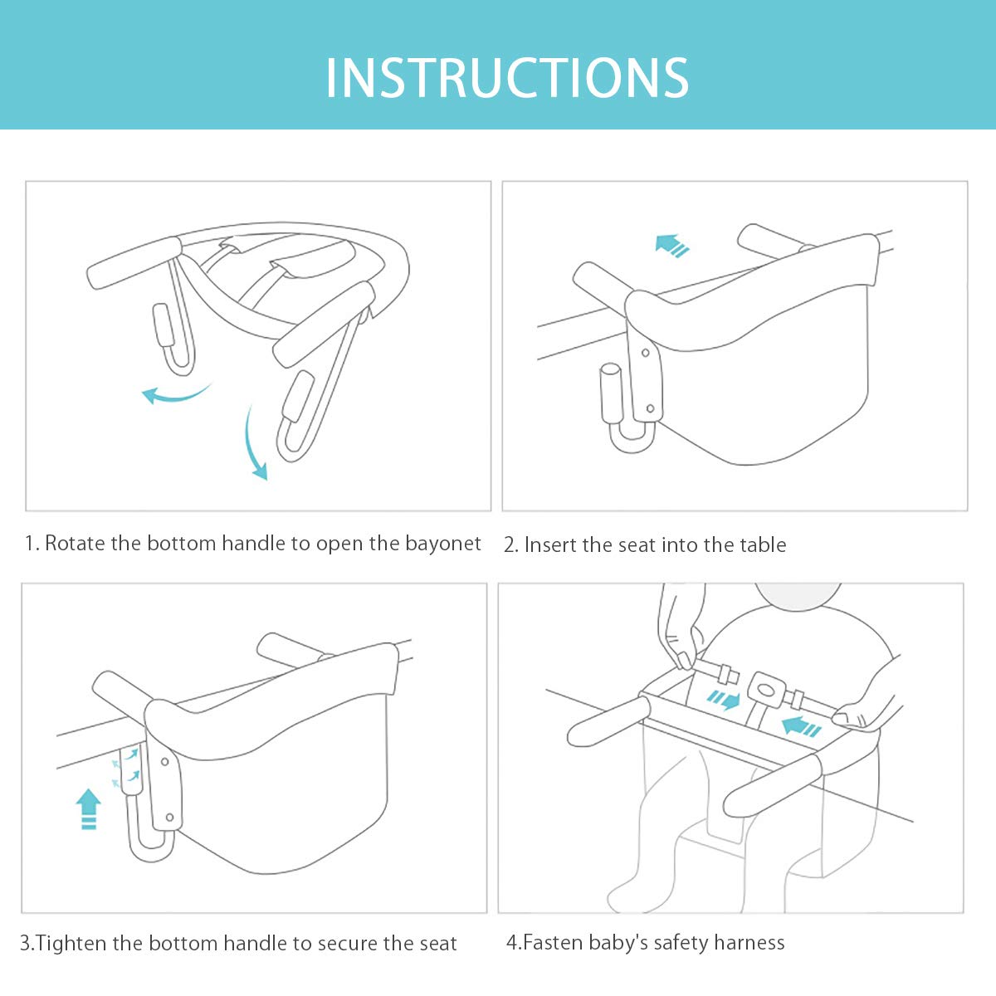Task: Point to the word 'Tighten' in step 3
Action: [x=72, y=943]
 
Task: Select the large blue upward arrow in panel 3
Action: [x=88, y=809]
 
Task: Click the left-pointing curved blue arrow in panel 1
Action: [x=176, y=394]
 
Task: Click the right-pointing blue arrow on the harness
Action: [x=723, y=701]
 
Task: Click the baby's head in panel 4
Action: [x=798, y=595]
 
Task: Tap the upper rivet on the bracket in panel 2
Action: [x=645, y=353]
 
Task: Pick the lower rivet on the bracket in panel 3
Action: [x=169, y=818]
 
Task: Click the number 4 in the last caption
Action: [x=512, y=942]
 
